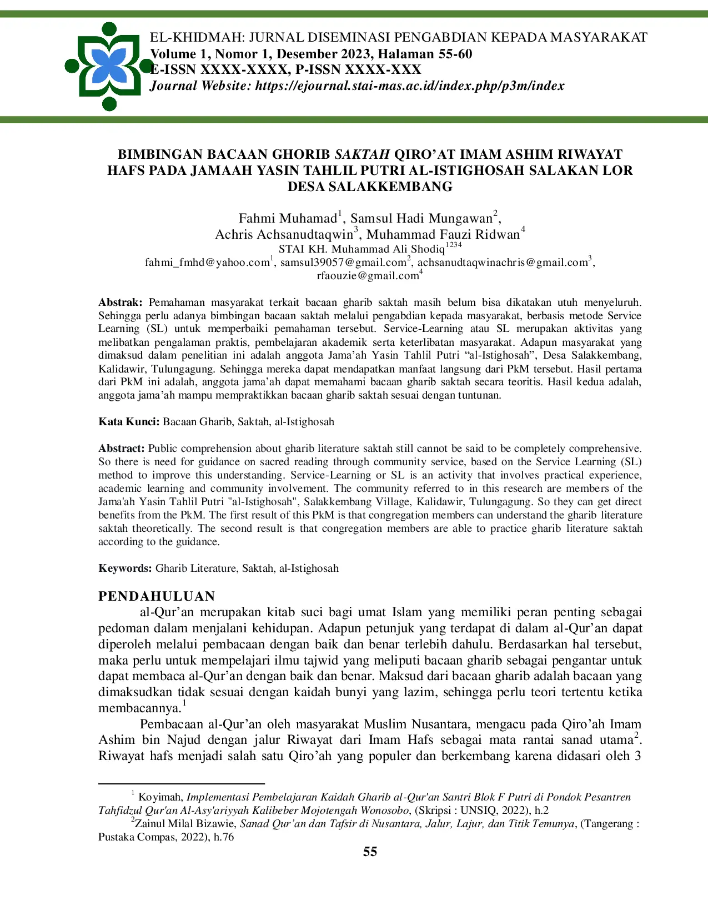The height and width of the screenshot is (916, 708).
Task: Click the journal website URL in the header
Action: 409,85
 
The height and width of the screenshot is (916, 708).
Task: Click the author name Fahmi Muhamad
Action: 288,218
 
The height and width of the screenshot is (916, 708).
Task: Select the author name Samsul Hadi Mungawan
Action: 421,218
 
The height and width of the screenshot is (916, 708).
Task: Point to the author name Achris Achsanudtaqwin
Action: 284,234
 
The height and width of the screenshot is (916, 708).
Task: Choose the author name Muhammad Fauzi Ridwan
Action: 443,234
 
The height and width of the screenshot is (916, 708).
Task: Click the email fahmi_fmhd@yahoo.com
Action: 207,262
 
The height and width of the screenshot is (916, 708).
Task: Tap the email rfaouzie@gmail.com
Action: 368,275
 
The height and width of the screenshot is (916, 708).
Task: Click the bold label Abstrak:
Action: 120,303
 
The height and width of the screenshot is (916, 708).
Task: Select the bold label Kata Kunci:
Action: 129,421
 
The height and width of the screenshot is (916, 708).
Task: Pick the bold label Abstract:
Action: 122,448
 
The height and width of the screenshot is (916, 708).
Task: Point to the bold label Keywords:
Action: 125,568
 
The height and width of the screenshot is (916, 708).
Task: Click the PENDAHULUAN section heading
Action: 157,596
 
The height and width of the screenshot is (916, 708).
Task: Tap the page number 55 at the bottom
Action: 370,852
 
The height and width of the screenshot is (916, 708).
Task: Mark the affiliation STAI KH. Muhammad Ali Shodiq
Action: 361,249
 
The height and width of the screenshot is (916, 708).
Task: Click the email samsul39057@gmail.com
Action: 343,262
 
